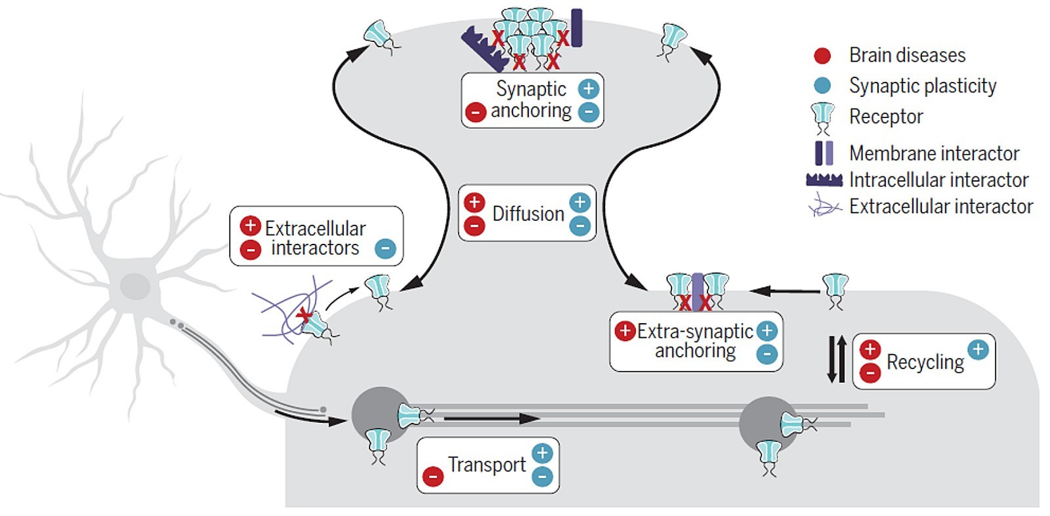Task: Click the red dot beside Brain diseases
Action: click(822, 56)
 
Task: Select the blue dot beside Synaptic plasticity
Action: click(822, 86)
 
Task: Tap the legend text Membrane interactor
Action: click(934, 153)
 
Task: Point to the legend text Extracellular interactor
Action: click(940, 207)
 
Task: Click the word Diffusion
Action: click(528, 214)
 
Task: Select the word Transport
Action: click(486, 464)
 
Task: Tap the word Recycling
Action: click(925, 362)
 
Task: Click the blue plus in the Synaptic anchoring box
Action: click(588, 89)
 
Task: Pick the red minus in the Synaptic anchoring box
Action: click(475, 112)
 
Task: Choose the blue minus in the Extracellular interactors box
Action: click(385, 249)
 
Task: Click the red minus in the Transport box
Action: click(432, 477)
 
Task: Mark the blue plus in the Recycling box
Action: click(978, 349)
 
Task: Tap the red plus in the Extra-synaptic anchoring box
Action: click(624, 331)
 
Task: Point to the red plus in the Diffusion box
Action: click(474, 202)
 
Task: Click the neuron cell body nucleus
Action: click(135, 287)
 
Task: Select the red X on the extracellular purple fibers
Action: click(304, 316)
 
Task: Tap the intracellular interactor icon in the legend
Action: click(824, 180)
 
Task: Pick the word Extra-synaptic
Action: click(695, 331)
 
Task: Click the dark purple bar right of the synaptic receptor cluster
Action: click(576, 28)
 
